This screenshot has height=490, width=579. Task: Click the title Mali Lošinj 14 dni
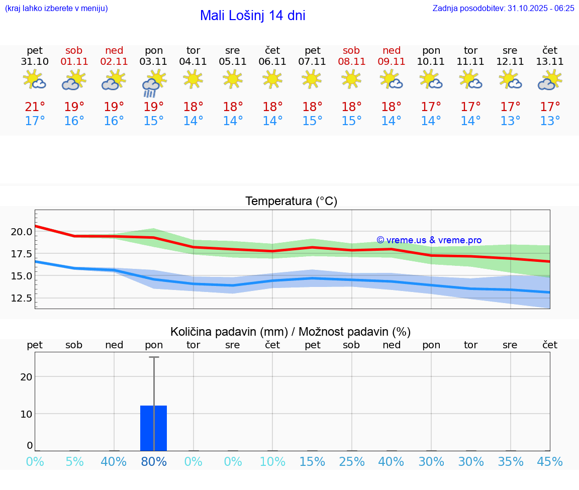coord(252,16)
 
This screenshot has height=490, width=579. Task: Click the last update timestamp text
coord(503,8)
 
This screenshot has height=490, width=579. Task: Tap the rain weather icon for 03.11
coord(154,82)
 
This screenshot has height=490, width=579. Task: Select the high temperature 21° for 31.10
coord(35,107)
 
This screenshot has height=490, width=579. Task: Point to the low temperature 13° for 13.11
coord(550,121)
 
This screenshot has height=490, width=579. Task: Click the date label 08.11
coord(351,61)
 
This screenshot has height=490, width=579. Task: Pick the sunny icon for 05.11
coord(233,79)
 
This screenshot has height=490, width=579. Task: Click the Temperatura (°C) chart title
coord(291,201)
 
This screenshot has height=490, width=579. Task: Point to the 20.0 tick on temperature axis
coord(22,232)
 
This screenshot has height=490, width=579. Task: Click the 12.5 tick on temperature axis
coord(22,299)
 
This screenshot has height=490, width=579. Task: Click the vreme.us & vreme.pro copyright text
coord(429,240)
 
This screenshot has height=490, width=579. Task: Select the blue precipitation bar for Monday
coord(154,428)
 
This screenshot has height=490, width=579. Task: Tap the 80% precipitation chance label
coord(154,462)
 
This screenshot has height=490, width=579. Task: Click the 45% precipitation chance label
coord(550,462)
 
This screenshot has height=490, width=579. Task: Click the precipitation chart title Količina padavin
coord(291,332)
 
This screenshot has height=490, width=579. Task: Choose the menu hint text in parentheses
coord(56,8)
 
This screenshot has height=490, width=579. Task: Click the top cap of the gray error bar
coord(154,357)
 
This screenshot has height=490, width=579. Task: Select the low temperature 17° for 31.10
coord(35,121)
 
